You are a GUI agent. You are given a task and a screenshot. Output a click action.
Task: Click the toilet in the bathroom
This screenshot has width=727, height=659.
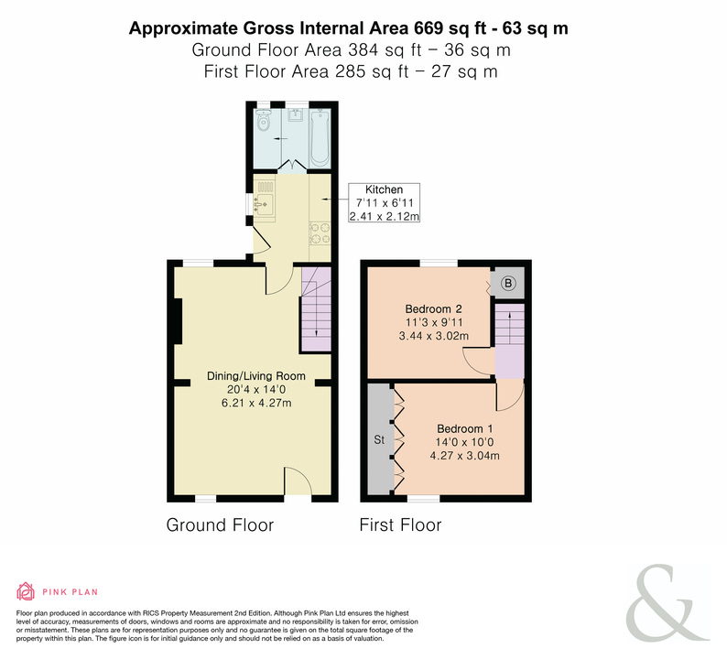pyautogui.click(x=264, y=120)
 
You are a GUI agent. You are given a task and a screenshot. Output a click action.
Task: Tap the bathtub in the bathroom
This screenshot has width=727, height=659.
pyautogui.click(x=320, y=137)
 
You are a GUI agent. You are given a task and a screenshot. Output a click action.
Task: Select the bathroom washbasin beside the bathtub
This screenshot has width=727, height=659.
pyautogui.click(x=295, y=114)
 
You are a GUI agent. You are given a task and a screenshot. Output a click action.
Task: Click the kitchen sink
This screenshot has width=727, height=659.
pyautogui.click(x=264, y=204)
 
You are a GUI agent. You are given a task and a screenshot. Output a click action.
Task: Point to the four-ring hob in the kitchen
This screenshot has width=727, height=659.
pyautogui.click(x=320, y=233)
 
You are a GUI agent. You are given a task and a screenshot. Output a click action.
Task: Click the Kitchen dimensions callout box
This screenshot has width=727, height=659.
pyautogui.click(x=385, y=202)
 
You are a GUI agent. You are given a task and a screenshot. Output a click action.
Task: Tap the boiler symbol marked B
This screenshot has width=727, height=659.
pyautogui.click(x=507, y=283)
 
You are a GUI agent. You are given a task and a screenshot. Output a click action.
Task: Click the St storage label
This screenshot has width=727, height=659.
pyautogui.click(x=379, y=439)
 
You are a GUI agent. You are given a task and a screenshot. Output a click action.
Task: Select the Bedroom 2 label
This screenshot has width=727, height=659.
pyautogui.click(x=433, y=308)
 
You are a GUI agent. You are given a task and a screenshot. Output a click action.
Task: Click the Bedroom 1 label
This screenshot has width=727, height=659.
pyautogui.click(x=464, y=428)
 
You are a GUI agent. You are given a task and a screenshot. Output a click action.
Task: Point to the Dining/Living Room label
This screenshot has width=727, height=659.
pyautogui.click(x=256, y=376)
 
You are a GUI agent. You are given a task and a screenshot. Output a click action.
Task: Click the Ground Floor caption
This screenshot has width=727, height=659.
pyautogui.click(x=220, y=525)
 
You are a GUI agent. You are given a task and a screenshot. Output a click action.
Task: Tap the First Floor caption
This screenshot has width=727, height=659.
pyautogui.click(x=401, y=525)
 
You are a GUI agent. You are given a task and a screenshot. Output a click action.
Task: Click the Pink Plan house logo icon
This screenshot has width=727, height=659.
pyautogui.click(x=26, y=591)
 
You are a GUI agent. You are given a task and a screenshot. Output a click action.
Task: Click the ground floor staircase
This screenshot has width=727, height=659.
pyautogui.click(x=316, y=309)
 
